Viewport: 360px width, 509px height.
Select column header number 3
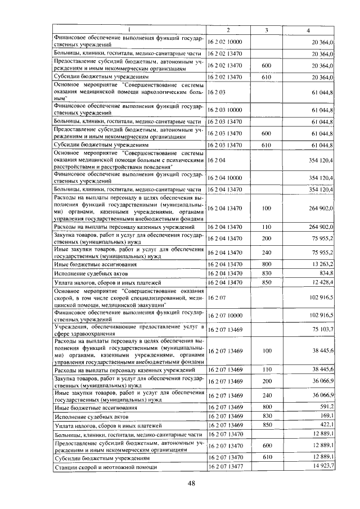(266, 30)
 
